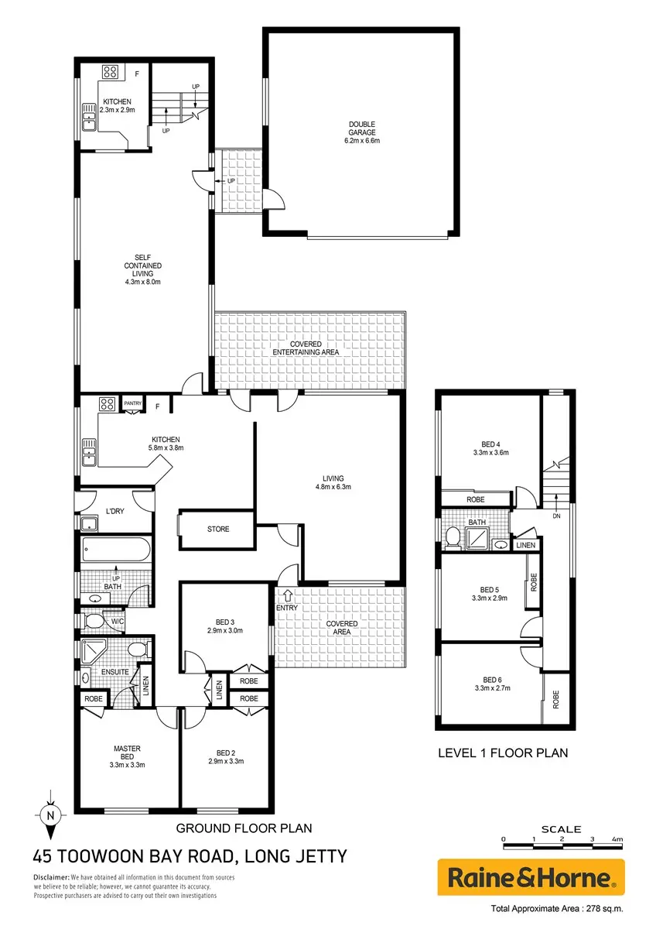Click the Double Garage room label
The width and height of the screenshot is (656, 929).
362,129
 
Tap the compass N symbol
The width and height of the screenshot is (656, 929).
50,816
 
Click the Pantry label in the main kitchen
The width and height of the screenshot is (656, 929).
132,403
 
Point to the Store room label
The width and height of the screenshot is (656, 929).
218,529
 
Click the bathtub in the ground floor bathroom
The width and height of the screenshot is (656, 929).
116,550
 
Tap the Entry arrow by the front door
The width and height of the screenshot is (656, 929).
288,596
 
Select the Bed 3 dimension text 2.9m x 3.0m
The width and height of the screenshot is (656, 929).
225,630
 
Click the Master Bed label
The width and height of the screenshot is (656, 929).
127,752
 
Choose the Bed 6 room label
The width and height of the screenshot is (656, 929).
492,680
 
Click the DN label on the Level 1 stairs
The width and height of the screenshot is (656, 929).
556,516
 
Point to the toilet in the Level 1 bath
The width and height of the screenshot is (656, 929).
453,537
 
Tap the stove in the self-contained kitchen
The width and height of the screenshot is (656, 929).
110,72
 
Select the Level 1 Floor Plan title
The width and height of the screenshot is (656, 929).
503,752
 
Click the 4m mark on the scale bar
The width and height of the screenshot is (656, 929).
617,839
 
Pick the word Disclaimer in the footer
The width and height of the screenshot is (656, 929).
51,877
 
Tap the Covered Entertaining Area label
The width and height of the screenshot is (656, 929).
306,348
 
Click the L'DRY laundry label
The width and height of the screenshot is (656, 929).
114,512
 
